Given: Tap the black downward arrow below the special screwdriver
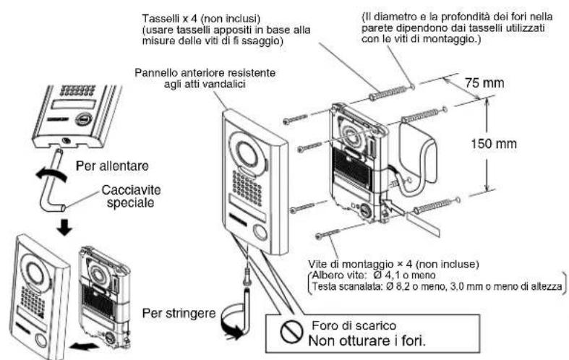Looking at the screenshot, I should pos(66,226).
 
